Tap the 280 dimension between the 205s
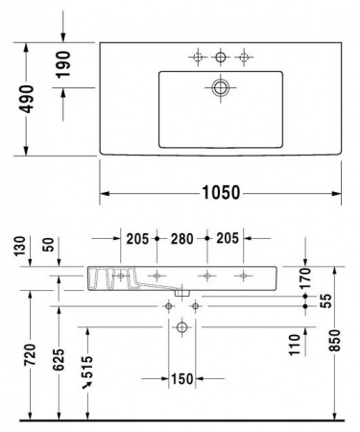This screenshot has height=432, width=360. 182,239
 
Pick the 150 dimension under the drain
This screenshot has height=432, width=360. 181,377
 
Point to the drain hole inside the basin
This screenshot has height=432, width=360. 222,89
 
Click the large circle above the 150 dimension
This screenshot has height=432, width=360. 181,327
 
